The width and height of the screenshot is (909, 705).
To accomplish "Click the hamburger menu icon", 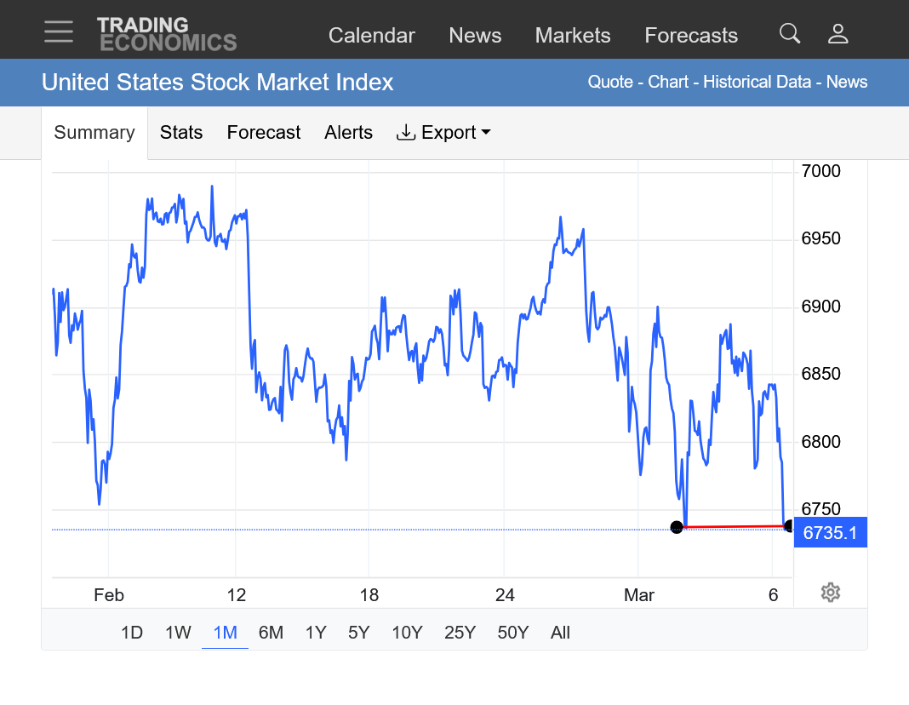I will tap(59, 32).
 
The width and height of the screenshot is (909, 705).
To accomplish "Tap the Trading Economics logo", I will tap(167, 34).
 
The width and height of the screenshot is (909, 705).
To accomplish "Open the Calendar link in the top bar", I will tap(371, 36).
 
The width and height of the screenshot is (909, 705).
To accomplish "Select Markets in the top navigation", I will tap(573, 36).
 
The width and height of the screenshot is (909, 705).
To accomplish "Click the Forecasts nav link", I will tap(691, 36).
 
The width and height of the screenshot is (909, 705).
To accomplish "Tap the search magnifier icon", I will tap(790, 34).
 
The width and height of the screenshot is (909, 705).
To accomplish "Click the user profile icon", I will tap(838, 34).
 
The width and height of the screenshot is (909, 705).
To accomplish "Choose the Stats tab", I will tap(181, 133).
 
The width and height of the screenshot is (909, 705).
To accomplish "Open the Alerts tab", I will tap(348, 133).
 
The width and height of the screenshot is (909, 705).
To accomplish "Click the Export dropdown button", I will tap(443, 133).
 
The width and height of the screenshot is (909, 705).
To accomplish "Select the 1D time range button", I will tap(132, 633).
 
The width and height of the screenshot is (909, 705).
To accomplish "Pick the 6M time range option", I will tap(271, 633).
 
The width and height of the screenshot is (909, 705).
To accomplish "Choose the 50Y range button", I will tap(513, 633).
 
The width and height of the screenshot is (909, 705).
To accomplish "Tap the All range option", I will tap(560, 633).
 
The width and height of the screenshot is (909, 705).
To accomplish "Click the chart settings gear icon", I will tap(831, 593).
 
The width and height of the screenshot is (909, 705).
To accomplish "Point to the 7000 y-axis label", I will tap(820, 171).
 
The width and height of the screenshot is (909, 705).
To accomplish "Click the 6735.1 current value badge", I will tap(830, 533).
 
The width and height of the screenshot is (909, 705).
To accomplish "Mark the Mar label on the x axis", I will tap(639, 595).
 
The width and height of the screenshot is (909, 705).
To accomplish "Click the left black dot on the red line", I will tap(677, 528).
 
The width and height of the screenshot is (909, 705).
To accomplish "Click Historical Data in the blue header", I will tap(759, 83).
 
